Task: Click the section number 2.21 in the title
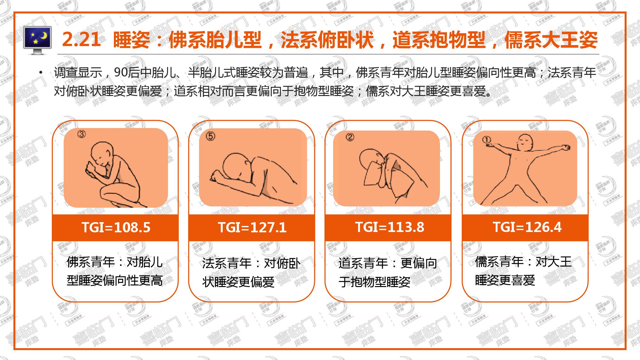click(x=81, y=40)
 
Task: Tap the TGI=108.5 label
click(x=116, y=228)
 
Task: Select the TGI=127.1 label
click(x=252, y=228)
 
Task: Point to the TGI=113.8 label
click(x=389, y=227)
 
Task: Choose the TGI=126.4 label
click(x=527, y=227)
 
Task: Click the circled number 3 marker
click(x=82, y=134)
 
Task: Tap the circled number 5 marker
click(x=210, y=137)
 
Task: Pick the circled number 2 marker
click(x=350, y=137)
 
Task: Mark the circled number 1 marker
click(x=486, y=140)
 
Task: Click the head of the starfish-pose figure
click(x=525, y=143)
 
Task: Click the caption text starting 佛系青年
click(x=115, y=271)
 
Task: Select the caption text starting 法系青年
click(x=251, y=273)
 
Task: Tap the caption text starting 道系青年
click(x=388, y=272)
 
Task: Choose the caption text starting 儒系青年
click(x=523, y=271)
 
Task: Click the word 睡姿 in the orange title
click(x=132, y=40)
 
